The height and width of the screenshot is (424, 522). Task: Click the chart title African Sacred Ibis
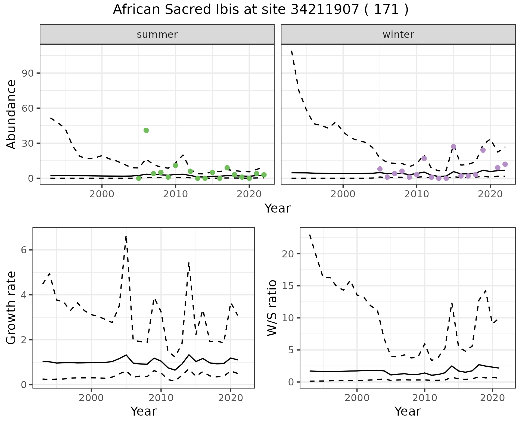pyautogui.click(x=260, y=10)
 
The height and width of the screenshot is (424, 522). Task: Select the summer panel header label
pyautogui.click(x=157, y=35)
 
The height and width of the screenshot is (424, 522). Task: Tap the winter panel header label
pyautogui.click(x=398, y=35)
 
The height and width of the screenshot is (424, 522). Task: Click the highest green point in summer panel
pyautogui.click(x=146, y=130)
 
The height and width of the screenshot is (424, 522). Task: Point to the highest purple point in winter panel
pyautogui.click(x=453, y=147)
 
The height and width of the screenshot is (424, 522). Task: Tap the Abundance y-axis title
pyautogui.click(x=11, y=114)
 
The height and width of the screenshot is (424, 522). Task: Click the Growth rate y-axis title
pyautogui.click(x=11, y=308)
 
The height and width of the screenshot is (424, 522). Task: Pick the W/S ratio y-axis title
pyautogui.click(x=272, y=308)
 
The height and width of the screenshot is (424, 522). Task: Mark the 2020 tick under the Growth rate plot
pyautogui.click(x=231, y=398)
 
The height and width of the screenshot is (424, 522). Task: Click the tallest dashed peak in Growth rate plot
pyautogui.click(x=126, y=236)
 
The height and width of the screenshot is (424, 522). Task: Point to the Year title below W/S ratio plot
pyautogui.click(x=408, y=411)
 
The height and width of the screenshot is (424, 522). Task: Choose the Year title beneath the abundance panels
pyautogui.click(x=278, y=208)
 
